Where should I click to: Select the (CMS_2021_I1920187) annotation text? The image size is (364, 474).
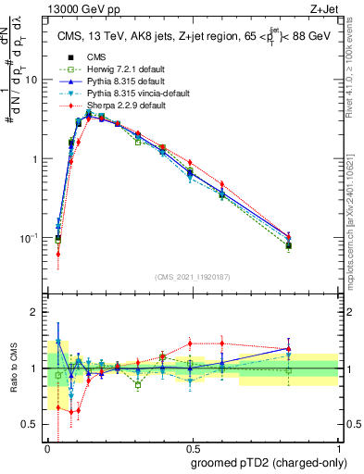coord(192,277)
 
